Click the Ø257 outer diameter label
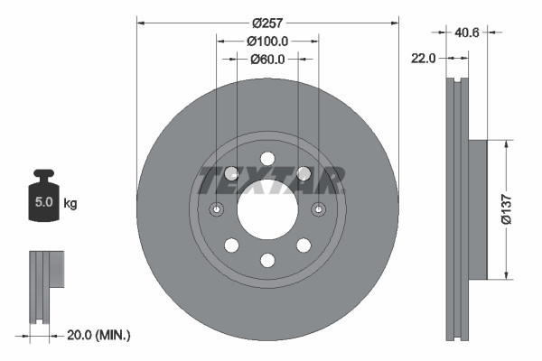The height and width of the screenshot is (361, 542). click(267, 23)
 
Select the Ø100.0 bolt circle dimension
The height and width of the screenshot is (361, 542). click(267, 41)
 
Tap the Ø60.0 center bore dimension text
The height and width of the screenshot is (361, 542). click(267, 60)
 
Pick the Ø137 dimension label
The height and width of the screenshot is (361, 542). click(514, 208)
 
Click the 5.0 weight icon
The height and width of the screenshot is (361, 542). click(42, 200)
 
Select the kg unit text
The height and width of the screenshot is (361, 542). click(70, 204)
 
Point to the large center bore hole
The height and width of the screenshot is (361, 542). click(267, 209)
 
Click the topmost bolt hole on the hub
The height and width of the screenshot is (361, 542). click(267, 159)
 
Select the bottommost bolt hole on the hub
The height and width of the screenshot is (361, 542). click(267, 261)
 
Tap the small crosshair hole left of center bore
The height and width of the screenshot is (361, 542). click(217, 209)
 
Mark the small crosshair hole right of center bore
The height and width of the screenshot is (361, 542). click(318, 209)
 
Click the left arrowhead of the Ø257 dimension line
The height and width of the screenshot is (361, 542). click(140, 23)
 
